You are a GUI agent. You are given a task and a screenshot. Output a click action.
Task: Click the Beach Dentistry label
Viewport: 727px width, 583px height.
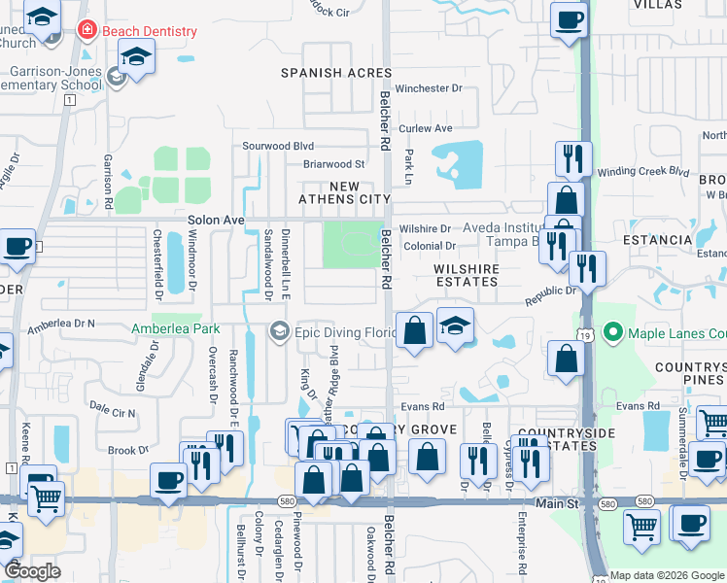[x=149, y=31]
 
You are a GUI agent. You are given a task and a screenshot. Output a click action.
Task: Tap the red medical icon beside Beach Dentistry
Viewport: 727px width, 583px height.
[x=87, y=31]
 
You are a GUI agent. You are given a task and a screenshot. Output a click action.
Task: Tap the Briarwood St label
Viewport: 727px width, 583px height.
[x=333, y=164]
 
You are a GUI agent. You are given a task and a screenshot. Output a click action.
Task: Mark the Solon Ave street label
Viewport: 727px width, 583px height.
[x=216, y=221]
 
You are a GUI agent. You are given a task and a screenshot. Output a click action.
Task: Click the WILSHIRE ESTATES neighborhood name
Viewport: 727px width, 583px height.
[x=467, y=275]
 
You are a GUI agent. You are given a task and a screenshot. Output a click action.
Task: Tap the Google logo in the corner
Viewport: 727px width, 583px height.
[x=32, y=571]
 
